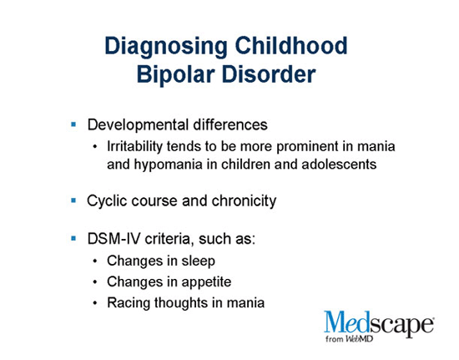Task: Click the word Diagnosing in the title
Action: click(x=166, y=47)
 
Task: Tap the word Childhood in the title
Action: click(x=291, y=45)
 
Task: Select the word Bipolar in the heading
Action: click(x=175, y=74)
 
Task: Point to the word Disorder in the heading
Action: click(x=269, y=74)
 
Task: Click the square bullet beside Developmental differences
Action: click(x=73, y=124)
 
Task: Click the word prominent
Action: click(x=307, y=147)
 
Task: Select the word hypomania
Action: click(x=168, y=165)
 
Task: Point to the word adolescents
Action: click(x=339, y=165)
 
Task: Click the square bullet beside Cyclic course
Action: click(x=73, y=200)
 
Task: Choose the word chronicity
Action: click(x=244, y=201)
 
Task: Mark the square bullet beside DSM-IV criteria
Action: click(x=73, y=239)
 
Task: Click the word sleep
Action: click(x=198, y=261)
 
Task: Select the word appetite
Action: click(x=206, y=282)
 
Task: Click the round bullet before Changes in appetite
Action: click(x=95, y=282)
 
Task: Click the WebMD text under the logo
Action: click(x=359, y=339)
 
